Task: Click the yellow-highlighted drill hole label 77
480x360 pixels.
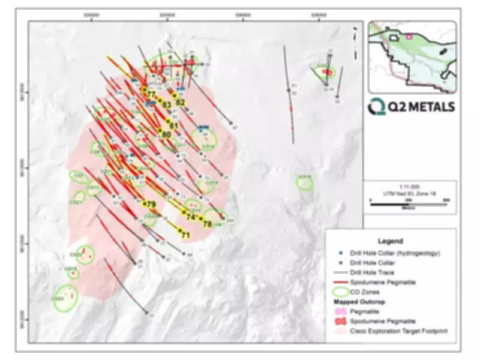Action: (151, 95)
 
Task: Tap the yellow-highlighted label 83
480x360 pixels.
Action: (168, 105)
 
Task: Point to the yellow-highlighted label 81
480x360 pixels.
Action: (174, 125)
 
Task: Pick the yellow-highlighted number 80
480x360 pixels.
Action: (167, 134)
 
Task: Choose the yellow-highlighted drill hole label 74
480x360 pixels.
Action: (191, 217)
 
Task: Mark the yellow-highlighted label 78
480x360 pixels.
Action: (208, 224)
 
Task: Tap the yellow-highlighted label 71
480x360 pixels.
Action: (185, 235)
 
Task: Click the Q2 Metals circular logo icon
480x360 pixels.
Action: (379, 106)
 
